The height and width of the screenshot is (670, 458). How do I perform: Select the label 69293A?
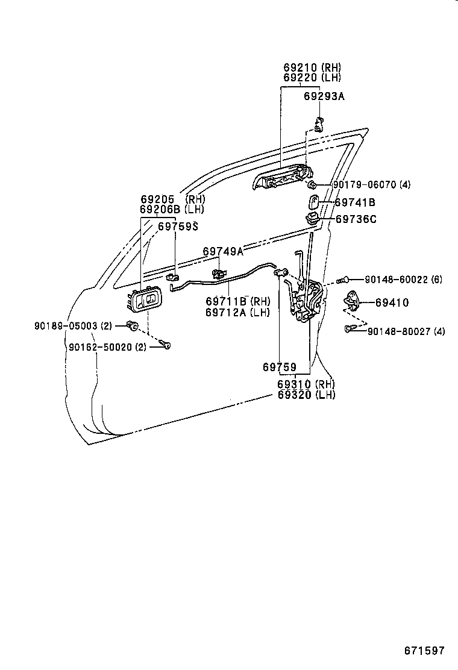click(x=324, y=96)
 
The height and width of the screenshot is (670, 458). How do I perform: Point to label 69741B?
click(x=355, y=203)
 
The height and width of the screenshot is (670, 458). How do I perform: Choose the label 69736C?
click(x=356, y=219)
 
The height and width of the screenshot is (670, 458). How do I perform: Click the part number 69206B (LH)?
click(x=172, y=210)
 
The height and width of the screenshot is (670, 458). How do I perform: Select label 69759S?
click(x=178, y=227)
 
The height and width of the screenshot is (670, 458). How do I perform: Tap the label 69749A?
click(x=223, y=251)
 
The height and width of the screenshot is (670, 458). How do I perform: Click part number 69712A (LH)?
click(x=237, y=312)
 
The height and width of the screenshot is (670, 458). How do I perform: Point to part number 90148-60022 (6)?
click(x=403, y=280)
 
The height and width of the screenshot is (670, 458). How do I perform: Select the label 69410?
click(x=392, y=303)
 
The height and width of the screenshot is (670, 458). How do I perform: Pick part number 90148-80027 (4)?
click(x=406, y=331)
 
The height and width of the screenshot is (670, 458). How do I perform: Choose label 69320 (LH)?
click(x=306, y=395)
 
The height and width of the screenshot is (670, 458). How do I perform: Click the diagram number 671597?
click(x=424, y=651)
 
